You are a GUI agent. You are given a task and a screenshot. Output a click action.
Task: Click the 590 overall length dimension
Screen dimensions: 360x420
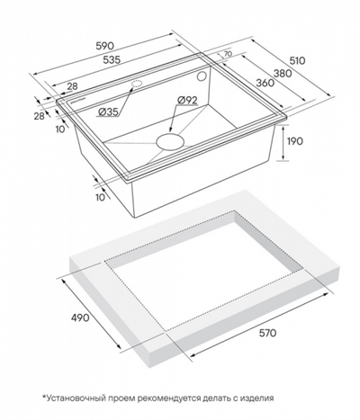[x=105, y=46]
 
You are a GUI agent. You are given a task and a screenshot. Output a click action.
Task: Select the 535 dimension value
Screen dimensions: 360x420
[x=112, y=59]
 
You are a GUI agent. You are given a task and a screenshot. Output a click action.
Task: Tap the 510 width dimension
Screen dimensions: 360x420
[x=297, y=60]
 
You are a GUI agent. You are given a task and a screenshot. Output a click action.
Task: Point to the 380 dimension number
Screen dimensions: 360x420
[x=283, y=73]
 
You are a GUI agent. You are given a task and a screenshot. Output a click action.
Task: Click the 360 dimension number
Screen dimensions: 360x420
[x=265, y=83]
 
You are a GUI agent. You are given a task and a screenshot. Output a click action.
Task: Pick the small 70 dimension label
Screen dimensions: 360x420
[x=228, y=54]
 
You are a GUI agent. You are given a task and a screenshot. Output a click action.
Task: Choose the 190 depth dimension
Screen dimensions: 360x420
[x=295, y=141]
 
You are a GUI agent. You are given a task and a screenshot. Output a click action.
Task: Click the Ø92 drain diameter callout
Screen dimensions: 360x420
[x=187, y=100]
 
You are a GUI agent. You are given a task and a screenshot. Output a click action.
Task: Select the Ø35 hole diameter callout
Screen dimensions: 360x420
[x=108, y=112]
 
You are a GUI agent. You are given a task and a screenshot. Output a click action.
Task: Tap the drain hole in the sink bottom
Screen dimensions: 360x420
[x=169, y=142]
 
